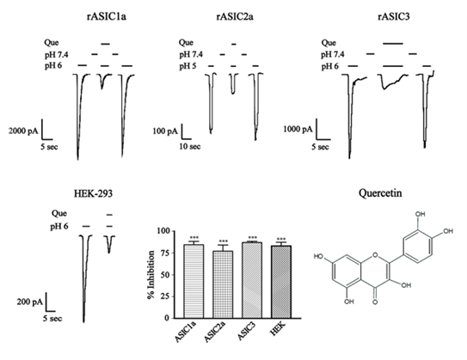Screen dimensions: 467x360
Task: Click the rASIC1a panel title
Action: [107, 16]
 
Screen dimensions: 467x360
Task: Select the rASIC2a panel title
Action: [235, 16]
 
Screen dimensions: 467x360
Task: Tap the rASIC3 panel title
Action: [393, 16]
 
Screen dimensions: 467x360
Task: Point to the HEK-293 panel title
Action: [93, 194]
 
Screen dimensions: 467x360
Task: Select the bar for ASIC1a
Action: [194, 281]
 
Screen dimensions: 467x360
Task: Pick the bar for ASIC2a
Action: [223, 284]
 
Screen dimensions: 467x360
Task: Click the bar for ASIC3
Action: [252, 280]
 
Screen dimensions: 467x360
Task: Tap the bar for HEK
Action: [281, 282]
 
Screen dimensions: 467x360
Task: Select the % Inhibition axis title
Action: [151, 275]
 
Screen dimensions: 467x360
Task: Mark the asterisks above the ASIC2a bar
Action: [223, 241]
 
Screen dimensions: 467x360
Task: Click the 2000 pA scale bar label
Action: [23, 131]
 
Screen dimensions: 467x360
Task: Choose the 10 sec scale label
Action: [190, 146]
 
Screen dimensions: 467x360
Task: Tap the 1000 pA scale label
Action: [298, 129]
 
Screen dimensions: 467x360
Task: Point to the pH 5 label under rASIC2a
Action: [187, 66]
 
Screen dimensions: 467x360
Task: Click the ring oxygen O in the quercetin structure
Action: [375, 255]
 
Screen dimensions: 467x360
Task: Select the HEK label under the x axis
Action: [278, 329]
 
